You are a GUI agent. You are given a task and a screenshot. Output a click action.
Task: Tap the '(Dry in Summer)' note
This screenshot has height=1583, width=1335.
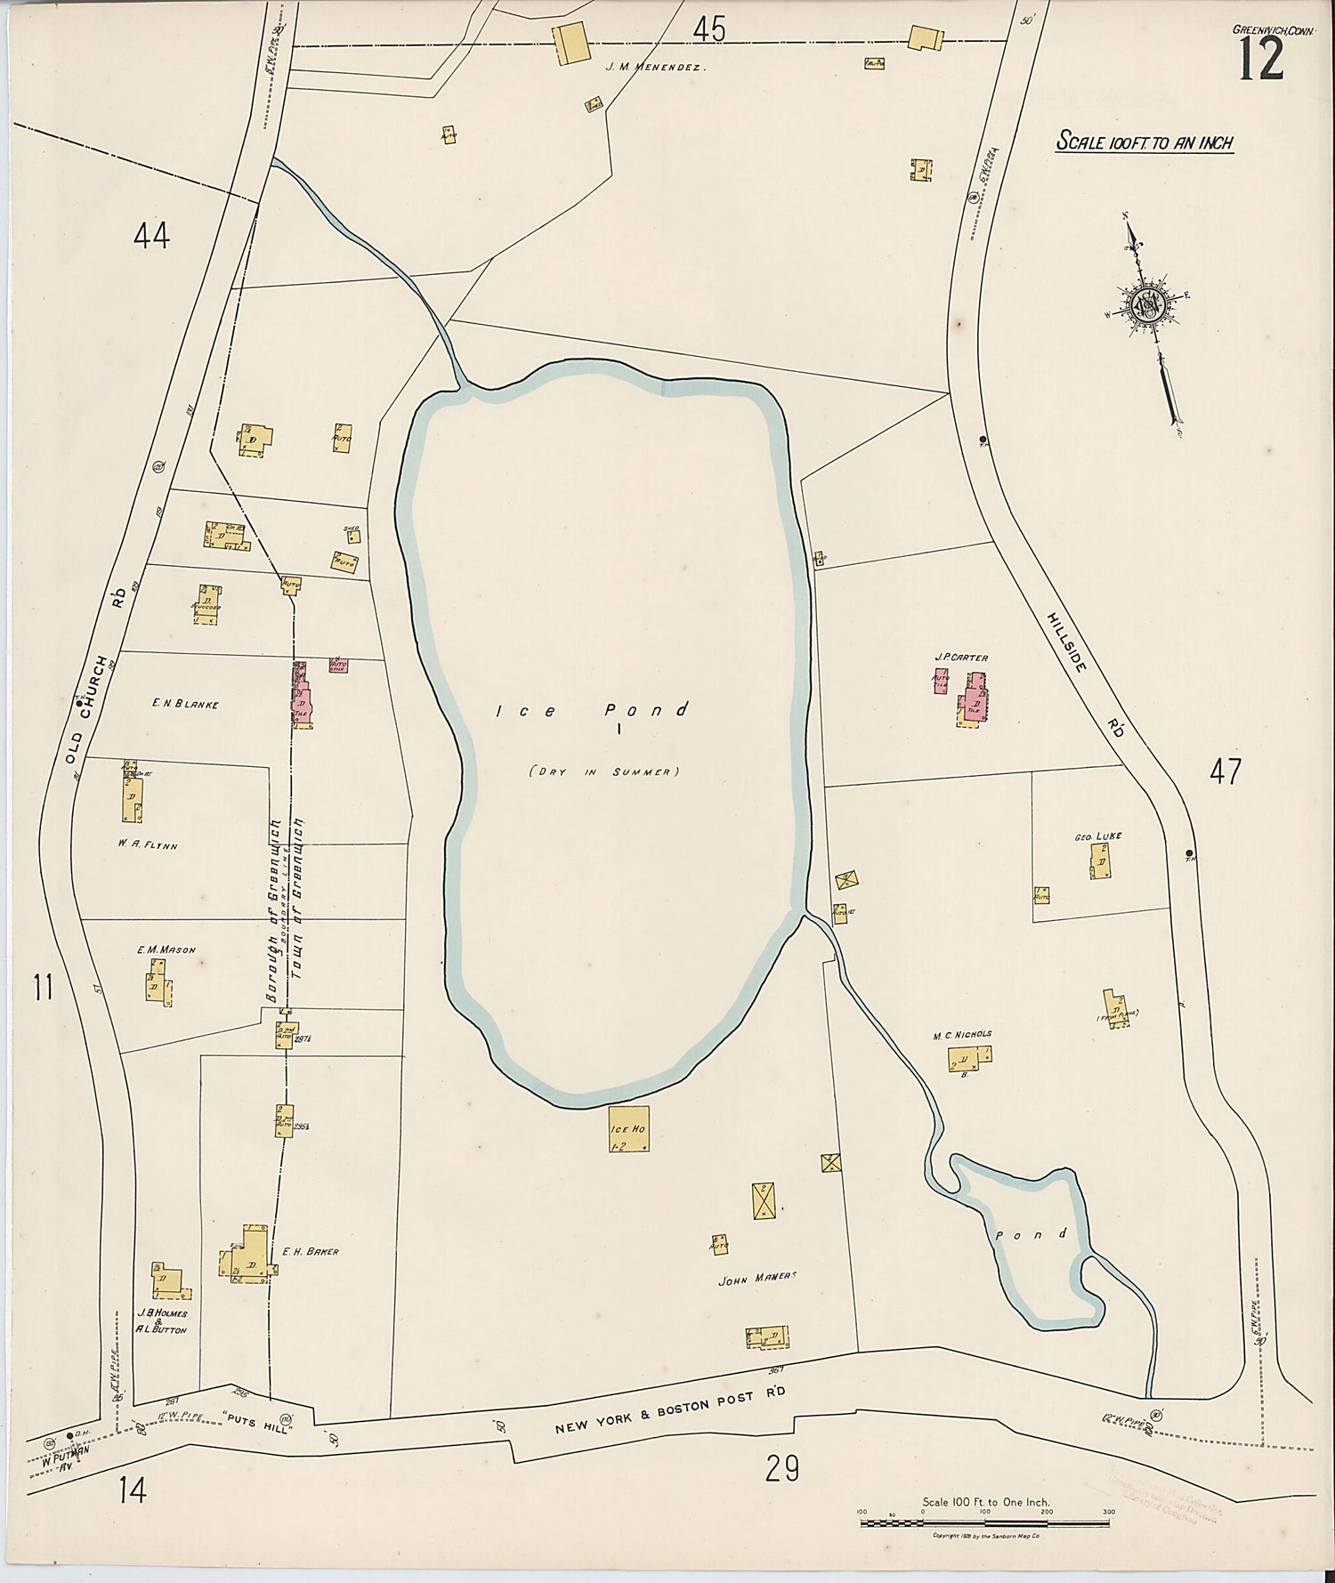pos(603,771)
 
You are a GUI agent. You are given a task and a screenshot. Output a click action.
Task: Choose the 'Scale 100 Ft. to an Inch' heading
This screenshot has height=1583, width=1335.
pos(1144,141)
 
